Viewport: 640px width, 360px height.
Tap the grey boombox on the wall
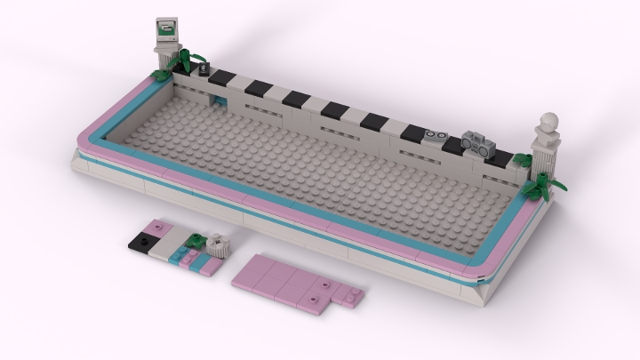[476, 145]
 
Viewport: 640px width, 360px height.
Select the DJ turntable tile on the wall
[435, 137]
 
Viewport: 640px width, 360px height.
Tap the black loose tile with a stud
[142, 240]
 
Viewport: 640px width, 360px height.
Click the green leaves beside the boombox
[522, 161]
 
